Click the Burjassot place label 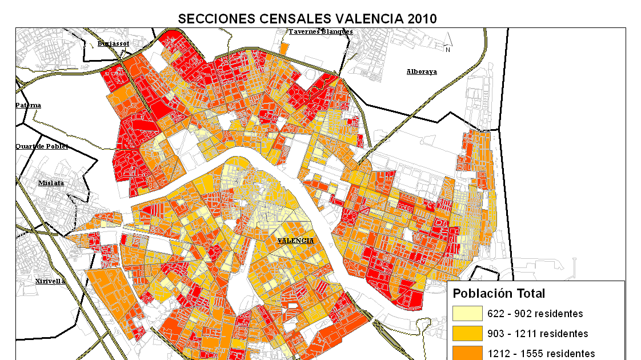click(x=113, y=43)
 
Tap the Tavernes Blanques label click(x=320, y=32)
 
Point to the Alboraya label click(x=422, y=71)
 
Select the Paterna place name click(x=28, y=105)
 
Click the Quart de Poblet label click(x=42, y=146)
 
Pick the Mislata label click(x=51, y=183)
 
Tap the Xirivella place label click(x=50, y=281)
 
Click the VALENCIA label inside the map click(x=295, y=241)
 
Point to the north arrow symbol click(x=448, y=43)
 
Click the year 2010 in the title click(x=422, y=18)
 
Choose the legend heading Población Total click(x=499, y=294)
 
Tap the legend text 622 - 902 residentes click(x=535, y=314)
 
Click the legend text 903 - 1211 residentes click(x=538, y=333)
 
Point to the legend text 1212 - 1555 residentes click(x=540, y=353)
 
